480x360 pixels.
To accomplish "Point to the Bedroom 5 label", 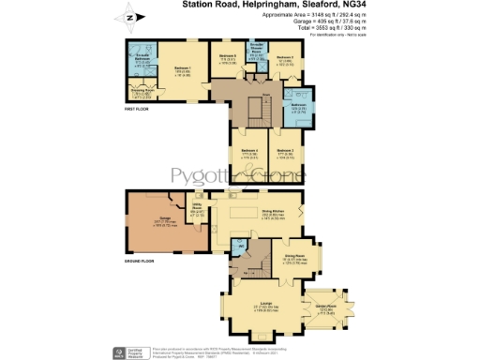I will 229,58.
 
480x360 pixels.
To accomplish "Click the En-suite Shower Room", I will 257,52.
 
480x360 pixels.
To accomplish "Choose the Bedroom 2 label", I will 286,58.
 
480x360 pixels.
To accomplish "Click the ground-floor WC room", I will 242,247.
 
